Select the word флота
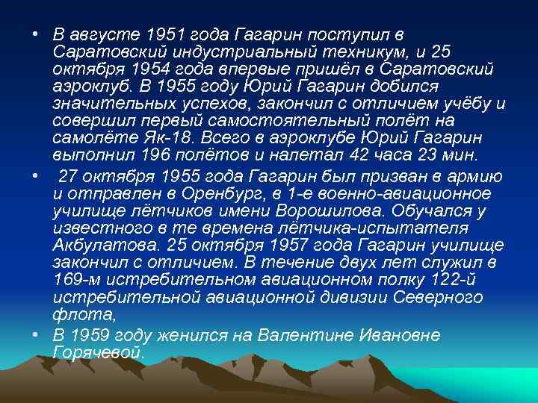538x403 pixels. coord(73,313)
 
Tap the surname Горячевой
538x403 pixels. coord(97,352)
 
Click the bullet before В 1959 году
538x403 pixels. coord(35,335)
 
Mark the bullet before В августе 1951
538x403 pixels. coord(35,36)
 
